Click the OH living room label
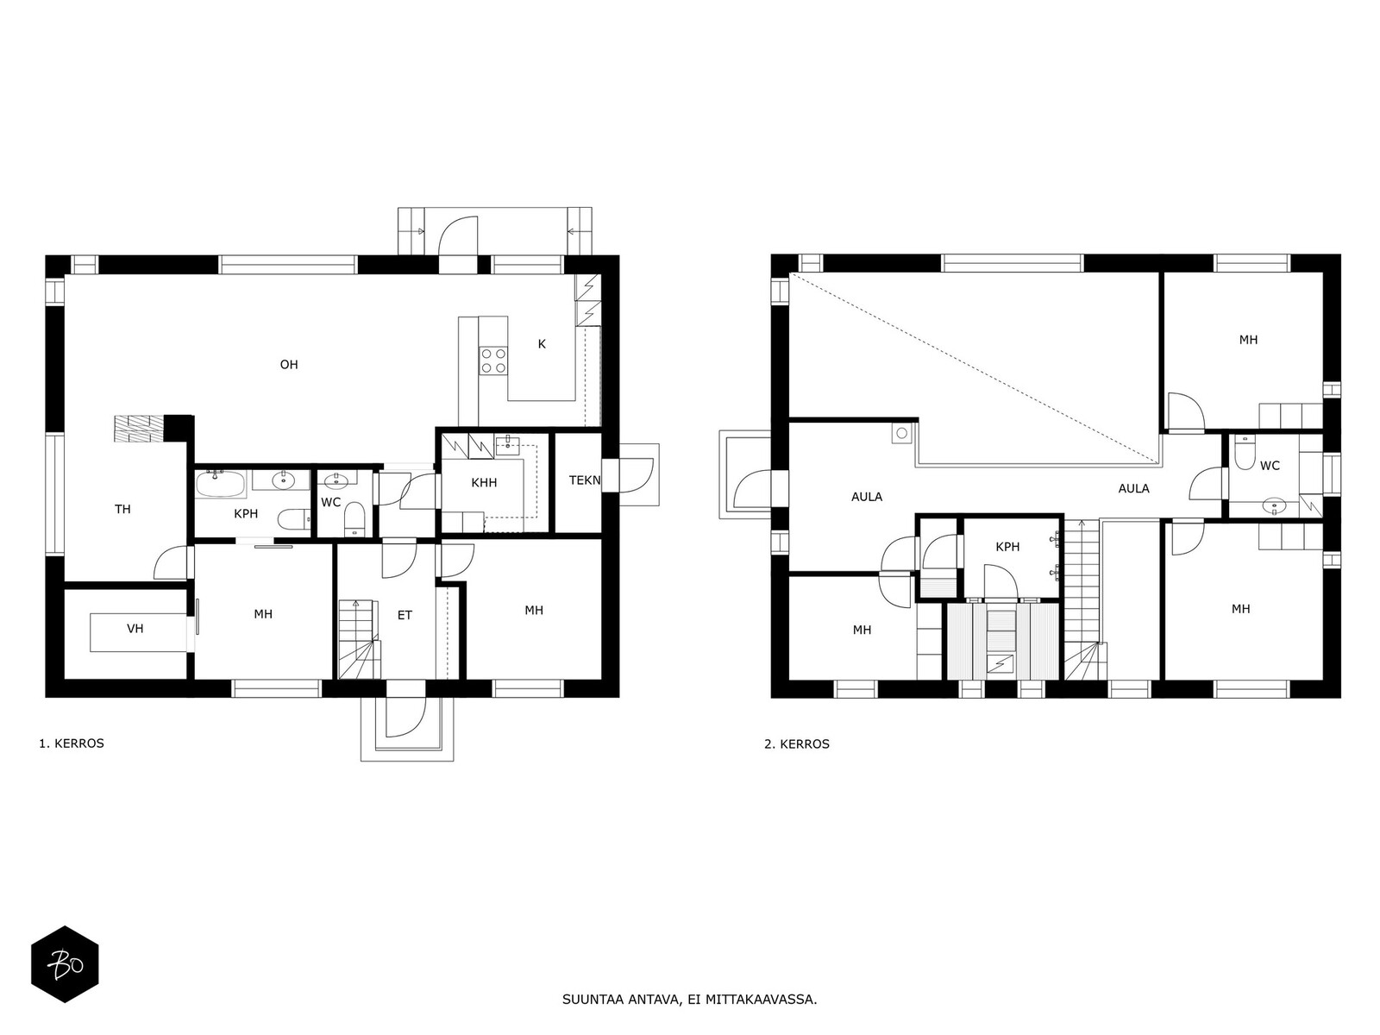tap(289, 365)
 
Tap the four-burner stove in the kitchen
tap(493, 361)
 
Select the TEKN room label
tap(585, 480)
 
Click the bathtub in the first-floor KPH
tap(220, 484)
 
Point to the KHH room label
tap(484, 483)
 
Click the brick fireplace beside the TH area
tap(138, 429)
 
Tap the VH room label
tap(135, 629)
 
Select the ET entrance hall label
tap(405, 615)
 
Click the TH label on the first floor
tap(122, 509)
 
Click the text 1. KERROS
tap(72, 743)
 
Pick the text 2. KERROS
tap(797, 744)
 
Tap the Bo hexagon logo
tap(65, 964)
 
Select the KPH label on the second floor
tap(1007, 548)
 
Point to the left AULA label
tap(866, 497)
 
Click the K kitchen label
tap(542, 344)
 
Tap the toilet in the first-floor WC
tap(354, 518)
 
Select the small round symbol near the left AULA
tap(902, 433)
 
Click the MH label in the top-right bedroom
tap(1248, 340)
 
